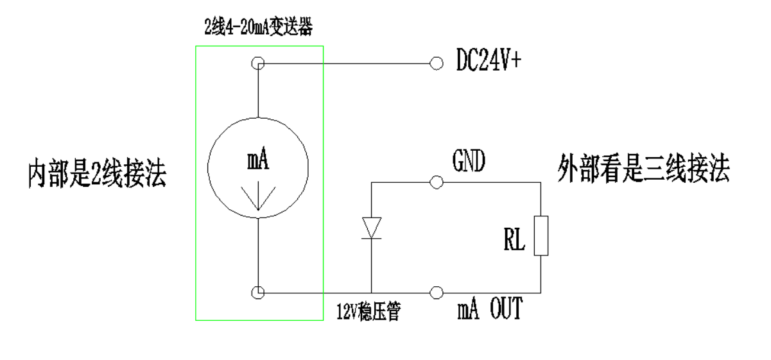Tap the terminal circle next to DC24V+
pyautogui.click(x=437, y=63)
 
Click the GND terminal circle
pyautogui.click(x=437, y=183)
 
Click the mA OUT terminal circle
pyautogui.click(x=437, y=293)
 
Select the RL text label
pyautogui.click(x=514, y=242)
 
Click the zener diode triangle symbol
pyautogui.click(x=372, y=228)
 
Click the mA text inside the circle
pyautogui.click(x=257, y=161)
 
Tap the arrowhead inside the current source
pyautogui.click(x=257, y=199)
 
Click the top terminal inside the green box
pyautogui.click(x=257, y=63)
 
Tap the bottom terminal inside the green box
pyautogui.click(x=257, y=293)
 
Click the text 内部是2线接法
pyautogui.click(x=96, y=174)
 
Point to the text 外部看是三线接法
pyautogui.click(x=643, y=170)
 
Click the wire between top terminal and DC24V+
pyautogui.click(x=347, y=63)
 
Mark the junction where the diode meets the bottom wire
pyautogui.click(x=372, y=293)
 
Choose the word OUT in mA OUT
pyautogui.click(x=506, y=311)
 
